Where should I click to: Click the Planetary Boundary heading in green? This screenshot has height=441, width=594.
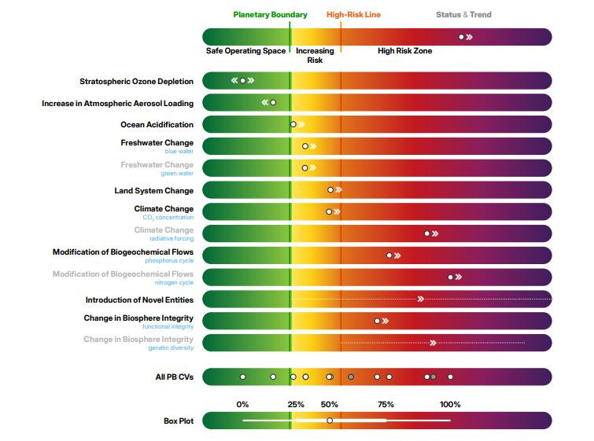coord(270,15)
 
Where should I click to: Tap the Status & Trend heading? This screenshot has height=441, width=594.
coord(463,15)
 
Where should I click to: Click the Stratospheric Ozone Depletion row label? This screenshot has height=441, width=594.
coord(136,81)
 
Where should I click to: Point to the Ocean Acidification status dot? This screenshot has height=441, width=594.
coord(293,124)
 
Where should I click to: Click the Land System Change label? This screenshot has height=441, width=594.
coord(153,190)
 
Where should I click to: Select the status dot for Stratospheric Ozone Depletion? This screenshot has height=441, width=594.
coord(242,80)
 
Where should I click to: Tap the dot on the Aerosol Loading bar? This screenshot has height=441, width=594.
coord(273,102)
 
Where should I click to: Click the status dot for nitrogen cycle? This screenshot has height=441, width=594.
coord(451,277)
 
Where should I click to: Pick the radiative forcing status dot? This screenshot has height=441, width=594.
coord(427,233)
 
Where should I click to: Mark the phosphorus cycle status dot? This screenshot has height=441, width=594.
coord(389,255)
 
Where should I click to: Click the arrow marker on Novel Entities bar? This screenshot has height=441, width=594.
coord(421,299)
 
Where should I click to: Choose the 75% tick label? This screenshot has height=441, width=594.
coord(386,404)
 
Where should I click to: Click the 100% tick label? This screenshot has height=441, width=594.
coord(450,404)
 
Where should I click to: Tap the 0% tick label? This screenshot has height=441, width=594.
coord(242,404)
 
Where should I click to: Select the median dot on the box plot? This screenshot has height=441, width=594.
coord(330,421)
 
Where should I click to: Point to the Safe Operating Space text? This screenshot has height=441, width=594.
coord(245,51)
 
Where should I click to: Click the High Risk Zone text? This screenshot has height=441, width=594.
coord(404,51)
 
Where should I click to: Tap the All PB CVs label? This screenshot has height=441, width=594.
coord(174,377)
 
